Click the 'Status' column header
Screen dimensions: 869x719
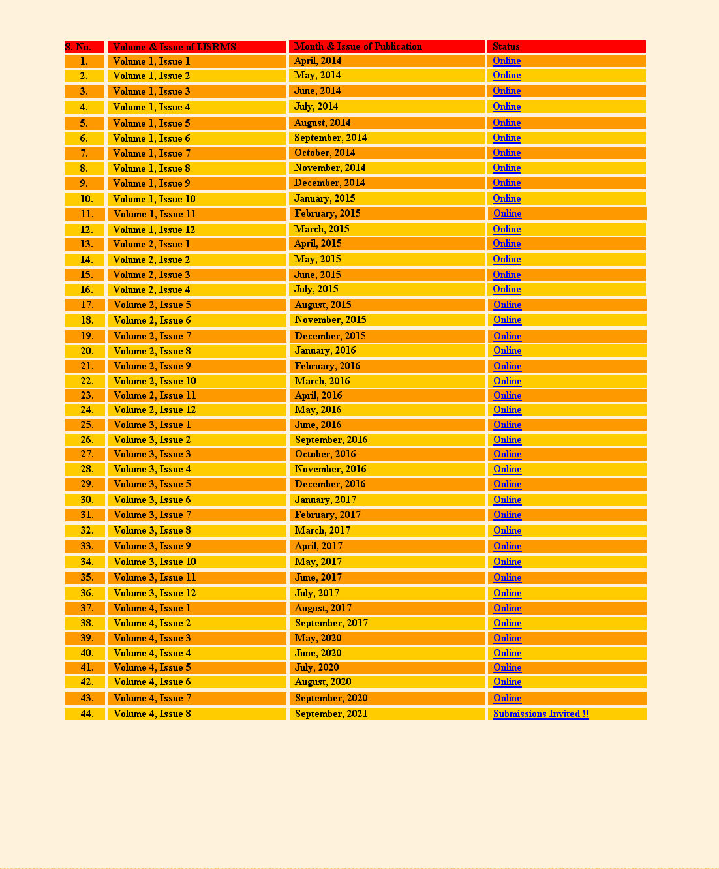coord(506,46)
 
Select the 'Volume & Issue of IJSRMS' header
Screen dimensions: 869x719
coord(174,47)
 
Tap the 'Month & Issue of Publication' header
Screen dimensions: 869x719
coord(358,46)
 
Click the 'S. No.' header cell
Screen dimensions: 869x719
coord(78,47)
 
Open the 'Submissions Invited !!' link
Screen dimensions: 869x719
coord(541,714)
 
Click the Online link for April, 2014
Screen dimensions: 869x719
coord(506,61)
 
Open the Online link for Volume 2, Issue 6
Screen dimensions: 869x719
coord(507,320)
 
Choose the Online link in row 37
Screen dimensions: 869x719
coord(507,608)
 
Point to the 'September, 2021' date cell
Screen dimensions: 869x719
coord(331,714)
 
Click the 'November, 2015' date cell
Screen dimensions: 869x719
coord(330,320)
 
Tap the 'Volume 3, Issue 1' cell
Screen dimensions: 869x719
coord(152,425)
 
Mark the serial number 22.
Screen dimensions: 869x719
coord(87,381)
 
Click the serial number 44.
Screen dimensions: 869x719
coord(87,714)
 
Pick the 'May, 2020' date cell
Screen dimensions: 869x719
coord(318,638)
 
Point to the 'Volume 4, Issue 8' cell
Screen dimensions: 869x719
coord(152,714)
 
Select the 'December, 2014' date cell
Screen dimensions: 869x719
coord(329,183)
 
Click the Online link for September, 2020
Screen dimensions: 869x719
coord(507,698)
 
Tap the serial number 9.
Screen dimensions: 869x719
coord(84,183)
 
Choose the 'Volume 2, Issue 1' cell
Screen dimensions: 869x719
coord(151,244)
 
